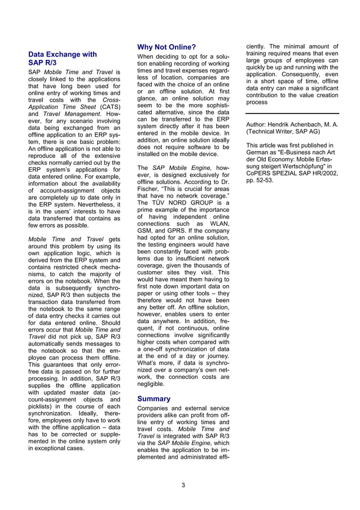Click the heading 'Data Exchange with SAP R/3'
tap(62, 59)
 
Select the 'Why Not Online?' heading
tap(166, 47)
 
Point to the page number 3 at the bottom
tap(183, 485)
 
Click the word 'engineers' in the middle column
tap(190, 245)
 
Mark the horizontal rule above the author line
tap(292, 114)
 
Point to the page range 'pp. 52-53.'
tap(260, 180)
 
